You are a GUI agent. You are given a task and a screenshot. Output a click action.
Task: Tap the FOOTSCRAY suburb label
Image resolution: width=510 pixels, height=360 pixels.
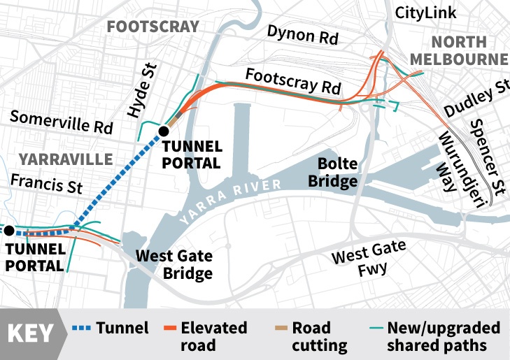tap(153, 27)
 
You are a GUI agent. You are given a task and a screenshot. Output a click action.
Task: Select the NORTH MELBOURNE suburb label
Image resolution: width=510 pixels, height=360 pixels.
tap(458, 50)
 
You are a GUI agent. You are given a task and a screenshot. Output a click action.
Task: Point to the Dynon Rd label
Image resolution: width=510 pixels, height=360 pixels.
tap(302, 35)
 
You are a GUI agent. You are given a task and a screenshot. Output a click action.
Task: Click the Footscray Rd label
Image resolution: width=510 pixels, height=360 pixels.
tap(294, 80)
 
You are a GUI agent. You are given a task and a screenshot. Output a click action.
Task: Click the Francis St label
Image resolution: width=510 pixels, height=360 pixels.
tap(46, 185)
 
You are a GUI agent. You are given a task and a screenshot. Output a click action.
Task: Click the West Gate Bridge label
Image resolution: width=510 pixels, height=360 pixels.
tap(173, 264)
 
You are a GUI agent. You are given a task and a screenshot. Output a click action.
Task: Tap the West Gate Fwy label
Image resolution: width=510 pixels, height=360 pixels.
tap(368, 259)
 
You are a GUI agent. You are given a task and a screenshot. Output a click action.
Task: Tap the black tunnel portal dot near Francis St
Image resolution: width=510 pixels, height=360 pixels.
tap(9, 230)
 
